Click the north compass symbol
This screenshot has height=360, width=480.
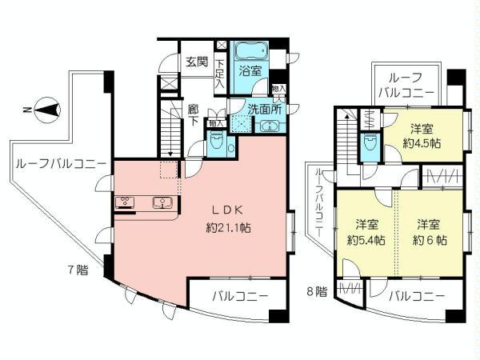pos(46,108)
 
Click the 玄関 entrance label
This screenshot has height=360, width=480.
pos(198,62)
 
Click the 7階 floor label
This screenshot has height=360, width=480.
pos(77,270)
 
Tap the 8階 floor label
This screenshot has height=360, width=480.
pos(318,291)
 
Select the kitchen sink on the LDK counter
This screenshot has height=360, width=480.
pos(163,202)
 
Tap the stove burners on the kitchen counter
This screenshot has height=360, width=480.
pos(125,202)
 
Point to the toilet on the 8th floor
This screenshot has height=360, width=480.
pos(369,145)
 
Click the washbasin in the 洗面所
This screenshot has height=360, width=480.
pos(266,125)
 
